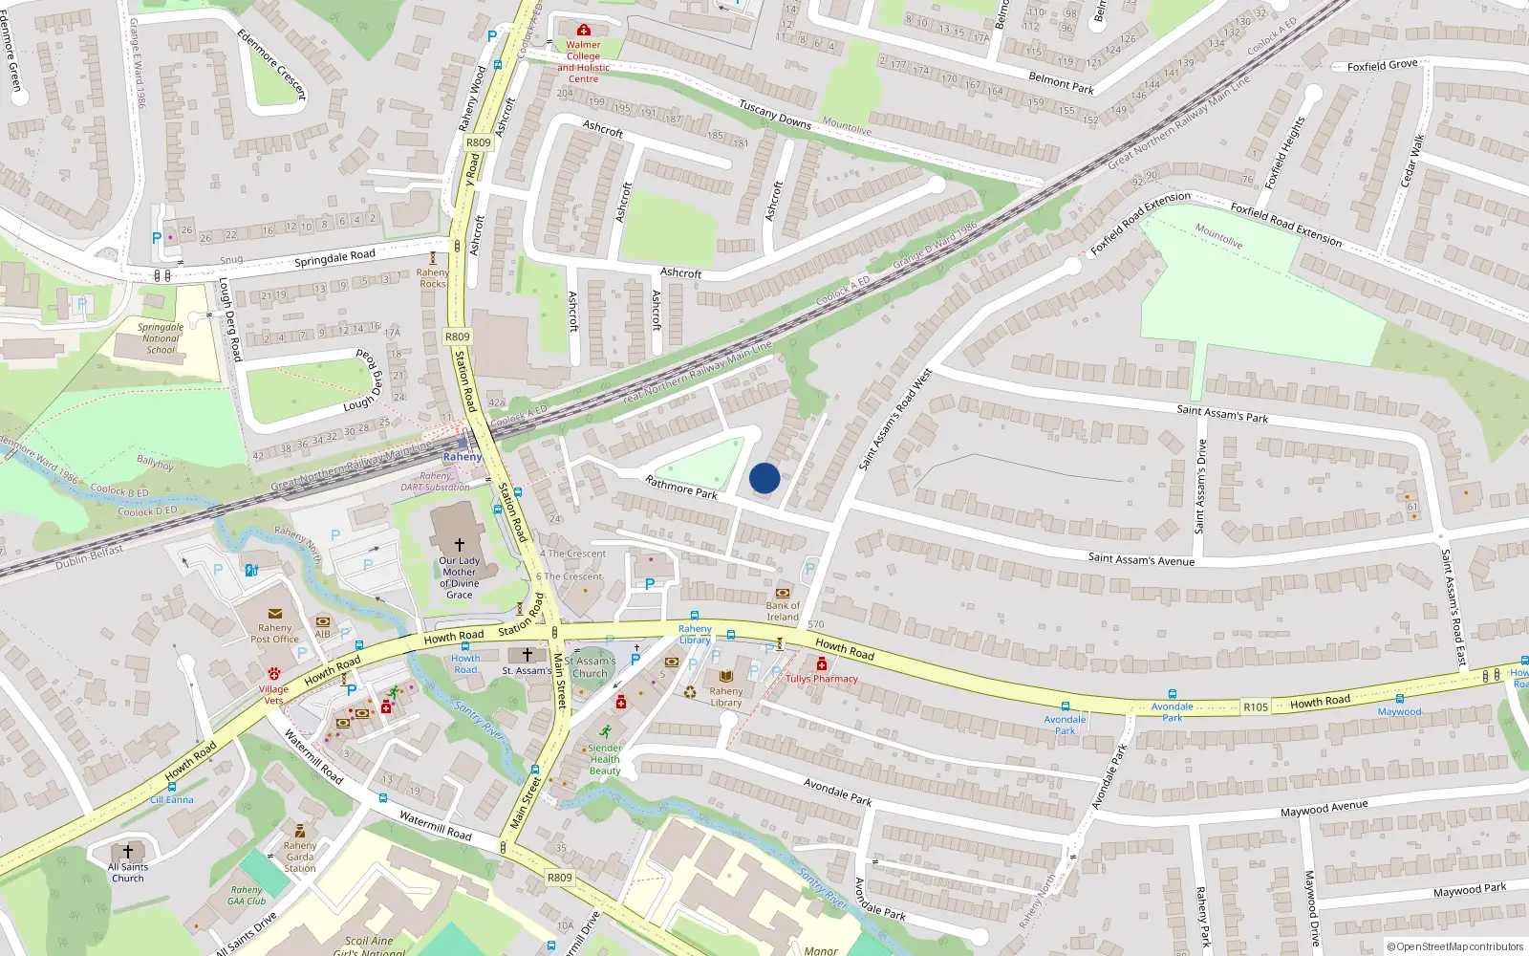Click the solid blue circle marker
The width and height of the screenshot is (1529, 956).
pyautogui.click(x=764, y=478)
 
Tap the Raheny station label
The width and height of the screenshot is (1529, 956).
pyautogui.click(x=463, y=457)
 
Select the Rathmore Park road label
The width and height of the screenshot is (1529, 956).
pyautogui.click(x=680, y=488)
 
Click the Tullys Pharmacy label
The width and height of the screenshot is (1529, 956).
pyautogui.click(x=821, y=679)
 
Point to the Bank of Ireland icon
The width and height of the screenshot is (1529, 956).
pyautogui.click(x=783, y=593)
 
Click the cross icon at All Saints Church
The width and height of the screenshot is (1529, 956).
pyautogui.click(x=127, y=851)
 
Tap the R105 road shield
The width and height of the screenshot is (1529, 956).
pyautogui.click(x=1256, y=707)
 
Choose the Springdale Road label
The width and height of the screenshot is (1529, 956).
pyautogui.click(x=334, y=258)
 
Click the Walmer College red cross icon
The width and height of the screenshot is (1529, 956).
pyautogui.click(x=583, y=31)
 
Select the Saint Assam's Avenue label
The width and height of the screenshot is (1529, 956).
pyautogui.click(x=1141, y=559)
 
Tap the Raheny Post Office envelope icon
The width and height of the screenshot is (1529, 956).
pyautogui.click(x=275, y=614)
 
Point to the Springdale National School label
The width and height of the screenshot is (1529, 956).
pyautogui.click(x=161, y=338)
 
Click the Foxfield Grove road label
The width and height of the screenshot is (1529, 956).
pyautogui.click(x=1382, y=65)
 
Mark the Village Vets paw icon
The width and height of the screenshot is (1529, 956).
pyautogui.click(x=274, y=674)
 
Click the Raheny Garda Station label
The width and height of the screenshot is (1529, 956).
pyautogui.click(x=299, y=857)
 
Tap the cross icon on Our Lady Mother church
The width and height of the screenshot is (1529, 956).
pyautogui.click(x=459, y=544)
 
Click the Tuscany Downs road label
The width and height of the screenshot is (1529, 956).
pyautogui.click(x=774, y=115)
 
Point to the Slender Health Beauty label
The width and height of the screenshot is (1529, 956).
pyautogui.click(x=604, y=759)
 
